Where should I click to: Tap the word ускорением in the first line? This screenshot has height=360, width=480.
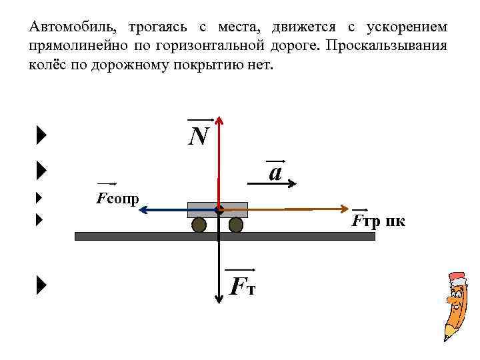click(x=406, y=28)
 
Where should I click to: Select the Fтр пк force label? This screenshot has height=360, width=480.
click(x=377, y=221)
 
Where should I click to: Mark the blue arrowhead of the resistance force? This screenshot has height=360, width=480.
click(x=143, y=209)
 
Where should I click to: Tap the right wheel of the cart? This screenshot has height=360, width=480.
click(x=235, y=225)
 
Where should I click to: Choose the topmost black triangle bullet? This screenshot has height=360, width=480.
click(x=42, y=137)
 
